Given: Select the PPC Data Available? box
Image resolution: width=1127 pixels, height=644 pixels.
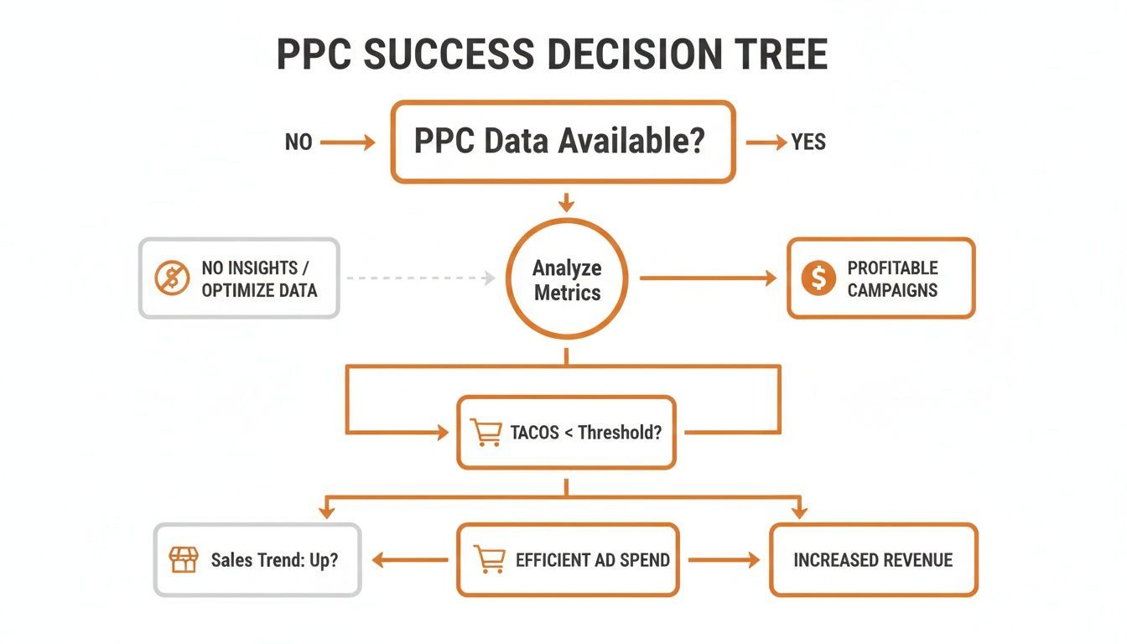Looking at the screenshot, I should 563,142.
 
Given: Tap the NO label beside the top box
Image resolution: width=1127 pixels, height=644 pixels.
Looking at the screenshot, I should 299,143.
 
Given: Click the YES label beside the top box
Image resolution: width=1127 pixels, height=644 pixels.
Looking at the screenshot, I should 808,143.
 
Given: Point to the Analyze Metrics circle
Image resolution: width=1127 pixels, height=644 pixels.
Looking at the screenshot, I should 568,280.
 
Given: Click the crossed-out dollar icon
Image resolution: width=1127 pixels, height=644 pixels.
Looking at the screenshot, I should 172,278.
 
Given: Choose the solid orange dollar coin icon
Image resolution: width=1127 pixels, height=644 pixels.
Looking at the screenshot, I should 818,278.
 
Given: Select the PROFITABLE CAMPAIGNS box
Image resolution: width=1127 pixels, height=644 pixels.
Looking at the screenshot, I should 880,278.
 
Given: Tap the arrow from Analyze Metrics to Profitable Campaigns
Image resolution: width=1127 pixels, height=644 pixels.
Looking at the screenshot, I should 709,278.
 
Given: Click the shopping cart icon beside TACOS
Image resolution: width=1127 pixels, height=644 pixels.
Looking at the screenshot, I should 486,433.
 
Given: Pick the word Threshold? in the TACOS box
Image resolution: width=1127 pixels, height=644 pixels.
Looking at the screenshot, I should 620,433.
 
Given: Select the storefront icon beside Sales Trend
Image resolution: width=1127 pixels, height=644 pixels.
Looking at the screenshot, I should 183,559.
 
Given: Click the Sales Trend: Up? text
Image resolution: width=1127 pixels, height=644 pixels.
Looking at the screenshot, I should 274,560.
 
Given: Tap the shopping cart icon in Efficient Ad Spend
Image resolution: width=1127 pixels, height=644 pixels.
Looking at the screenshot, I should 488,559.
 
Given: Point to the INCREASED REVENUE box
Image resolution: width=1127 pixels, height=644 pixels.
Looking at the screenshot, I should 873,560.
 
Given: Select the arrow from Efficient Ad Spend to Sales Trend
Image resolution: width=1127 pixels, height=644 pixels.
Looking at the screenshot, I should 410,560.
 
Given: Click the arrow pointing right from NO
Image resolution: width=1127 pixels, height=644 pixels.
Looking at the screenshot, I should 347,143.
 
